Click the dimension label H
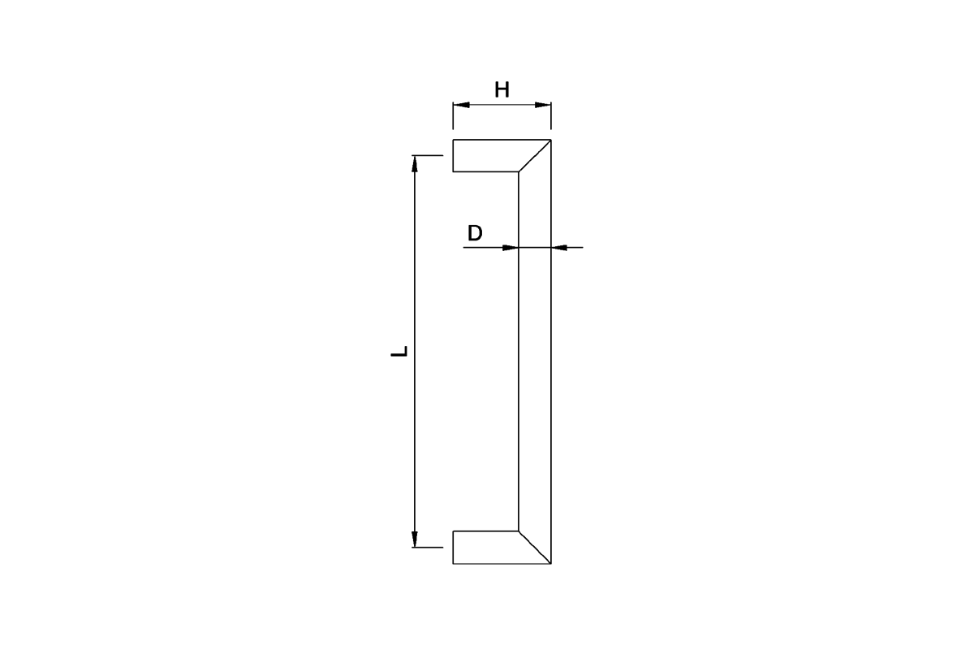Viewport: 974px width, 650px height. (502, 89)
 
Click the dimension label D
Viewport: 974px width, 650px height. (475, 233)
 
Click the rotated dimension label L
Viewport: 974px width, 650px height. (399, 351)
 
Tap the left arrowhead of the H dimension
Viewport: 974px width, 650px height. (461, 105)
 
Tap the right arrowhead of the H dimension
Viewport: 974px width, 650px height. (543, 105)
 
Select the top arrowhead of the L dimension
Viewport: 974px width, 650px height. (415, 163)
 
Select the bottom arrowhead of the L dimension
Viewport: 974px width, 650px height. (415, 539)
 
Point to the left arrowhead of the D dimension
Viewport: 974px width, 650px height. (511, 248)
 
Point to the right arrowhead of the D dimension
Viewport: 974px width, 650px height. (559, 248)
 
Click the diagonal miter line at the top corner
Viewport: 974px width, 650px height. (535, 156)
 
